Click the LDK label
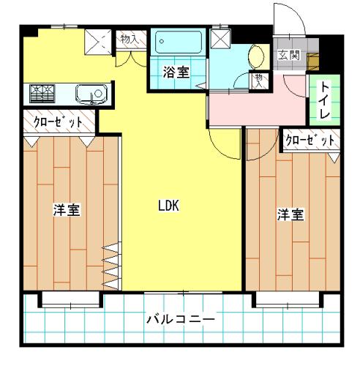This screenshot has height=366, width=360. (x=168, y=205)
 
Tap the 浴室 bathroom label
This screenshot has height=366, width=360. (x=176, y=72)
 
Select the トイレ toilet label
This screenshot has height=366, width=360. (x=324, y=100)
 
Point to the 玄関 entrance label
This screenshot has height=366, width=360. (x=289, y=55)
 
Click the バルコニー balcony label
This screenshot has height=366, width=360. (x=181, y=319)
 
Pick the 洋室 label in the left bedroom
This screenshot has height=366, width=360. (x=67, y=210)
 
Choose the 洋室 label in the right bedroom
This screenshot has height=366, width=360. (x=290, y=214)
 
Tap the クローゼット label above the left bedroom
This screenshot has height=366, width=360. (x=58, y=122)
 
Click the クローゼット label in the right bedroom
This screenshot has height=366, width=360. (x=310, y=140)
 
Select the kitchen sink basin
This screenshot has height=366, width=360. (x=91, y=94)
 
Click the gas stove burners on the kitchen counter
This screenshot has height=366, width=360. (x=42, y=94)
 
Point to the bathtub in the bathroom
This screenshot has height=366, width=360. (x=179, y=42)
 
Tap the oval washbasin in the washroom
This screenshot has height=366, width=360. (x=255, y=56)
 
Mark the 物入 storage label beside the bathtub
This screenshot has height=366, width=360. (x=130, y=39)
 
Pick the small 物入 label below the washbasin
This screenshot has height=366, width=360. (x=258, y=81)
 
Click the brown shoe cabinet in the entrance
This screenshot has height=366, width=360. (x=312, y=61)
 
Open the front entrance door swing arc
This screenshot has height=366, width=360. (x=295, y=12)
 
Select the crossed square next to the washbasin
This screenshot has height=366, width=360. (x=220, y=39)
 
